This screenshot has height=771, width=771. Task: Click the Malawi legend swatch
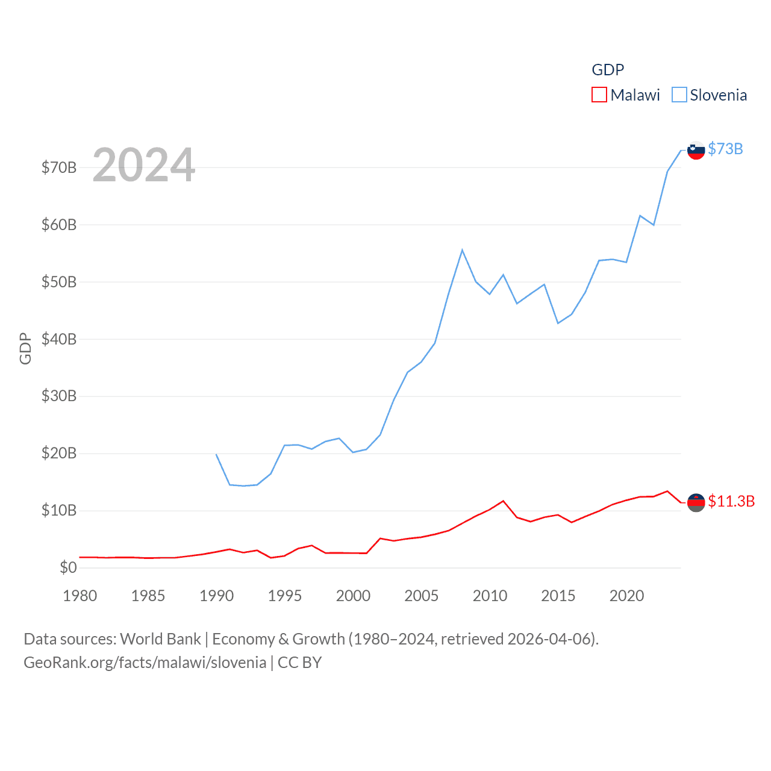599,95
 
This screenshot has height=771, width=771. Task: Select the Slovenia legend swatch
679,95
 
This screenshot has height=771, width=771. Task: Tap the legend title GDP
608,70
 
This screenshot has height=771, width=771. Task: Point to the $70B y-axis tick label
59,167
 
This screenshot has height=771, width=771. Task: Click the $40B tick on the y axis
59,339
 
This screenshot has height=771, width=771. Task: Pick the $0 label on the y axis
68,567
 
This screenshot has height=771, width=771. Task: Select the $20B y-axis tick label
59,453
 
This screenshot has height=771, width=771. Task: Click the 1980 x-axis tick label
80,596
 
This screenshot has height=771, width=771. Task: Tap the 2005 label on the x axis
421,596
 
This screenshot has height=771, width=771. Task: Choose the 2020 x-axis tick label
626,596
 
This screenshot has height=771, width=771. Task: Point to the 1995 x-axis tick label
285,596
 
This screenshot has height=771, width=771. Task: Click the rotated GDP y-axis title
25,348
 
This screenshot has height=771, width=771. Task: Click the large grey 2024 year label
143,164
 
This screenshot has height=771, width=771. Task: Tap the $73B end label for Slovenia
725,149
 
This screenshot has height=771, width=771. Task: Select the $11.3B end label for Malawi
731,501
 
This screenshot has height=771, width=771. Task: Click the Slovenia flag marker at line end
696,150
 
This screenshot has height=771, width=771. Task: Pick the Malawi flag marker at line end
696,502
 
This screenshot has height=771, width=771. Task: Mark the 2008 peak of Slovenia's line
462,250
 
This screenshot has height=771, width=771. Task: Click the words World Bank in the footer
160,639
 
